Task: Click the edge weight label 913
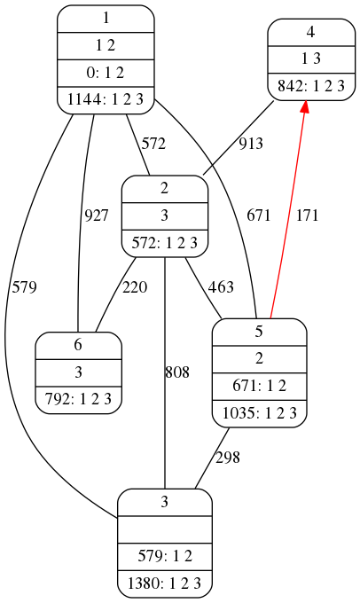pos(251,144)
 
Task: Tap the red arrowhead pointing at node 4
pos(305,107)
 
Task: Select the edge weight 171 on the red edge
pos(307,215)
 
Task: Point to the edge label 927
pos(96,215)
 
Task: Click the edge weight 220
pos(135,287)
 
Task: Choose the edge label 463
pos(221,287)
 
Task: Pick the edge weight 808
pos(177,372)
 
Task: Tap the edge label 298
pos(228,458)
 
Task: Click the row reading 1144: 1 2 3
pos(106,100)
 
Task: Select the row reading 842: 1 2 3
pos(311,87)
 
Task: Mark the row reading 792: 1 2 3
pos(78,400)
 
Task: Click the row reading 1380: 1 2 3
pos(165,583)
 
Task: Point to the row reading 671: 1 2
pos(259,386)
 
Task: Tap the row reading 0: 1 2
pos(106,73)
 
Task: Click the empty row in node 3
pos(165,529)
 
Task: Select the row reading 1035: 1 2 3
pos(259,413)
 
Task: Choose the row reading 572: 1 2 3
pos(165,243)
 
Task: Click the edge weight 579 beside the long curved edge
pos(24,287)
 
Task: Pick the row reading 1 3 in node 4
pos(311,59)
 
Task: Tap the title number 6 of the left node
pos(78,345)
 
